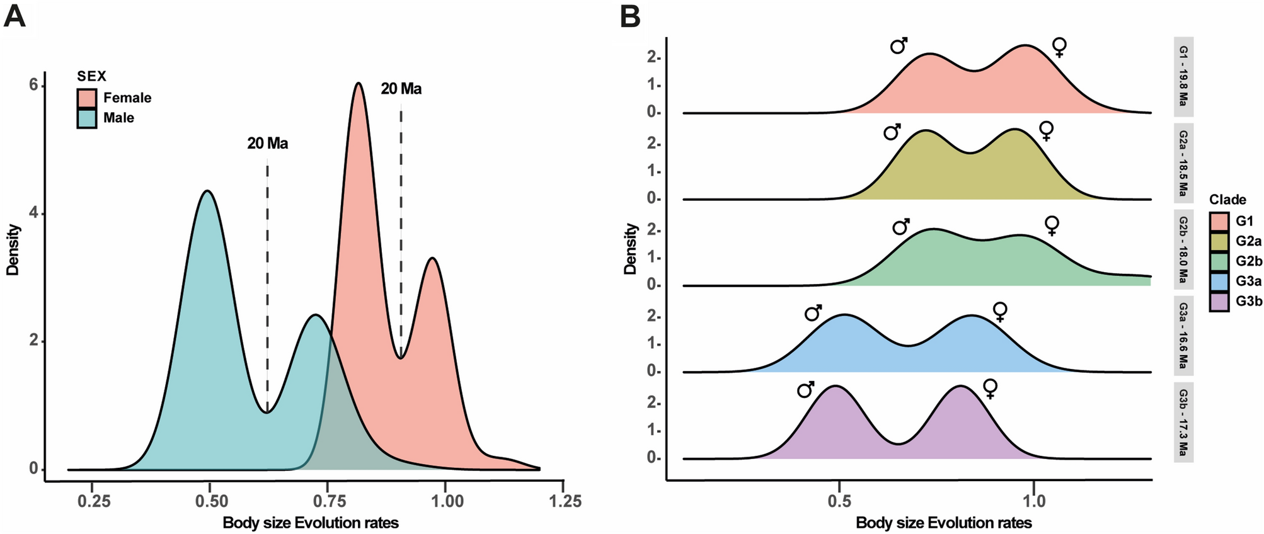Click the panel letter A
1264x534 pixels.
tap(14, 16)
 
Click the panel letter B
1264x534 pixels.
tap(630, 16)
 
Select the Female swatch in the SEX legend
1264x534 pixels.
tap(87, 98)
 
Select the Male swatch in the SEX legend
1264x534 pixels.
tap(87, 118)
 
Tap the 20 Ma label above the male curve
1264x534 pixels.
tap(267, 144)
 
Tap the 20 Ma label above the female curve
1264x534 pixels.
tap(401, 89)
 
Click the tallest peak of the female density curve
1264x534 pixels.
tap(358, 83)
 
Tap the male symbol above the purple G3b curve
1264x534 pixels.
tap(805, 390)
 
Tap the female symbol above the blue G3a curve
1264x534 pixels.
tap(999, 311)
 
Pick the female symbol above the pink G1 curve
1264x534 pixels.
tap(1060, 47)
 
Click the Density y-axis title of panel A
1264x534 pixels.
tap(13, 250)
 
